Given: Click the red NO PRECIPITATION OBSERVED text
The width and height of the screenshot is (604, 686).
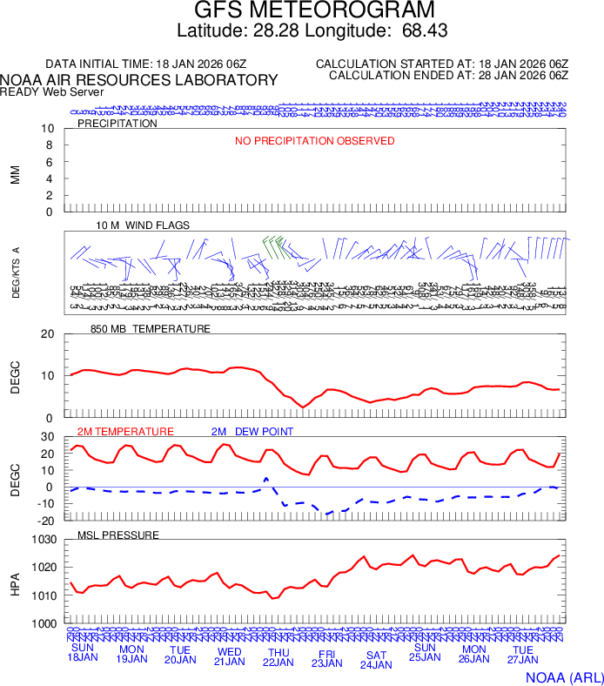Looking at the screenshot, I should click(x=314, y=141).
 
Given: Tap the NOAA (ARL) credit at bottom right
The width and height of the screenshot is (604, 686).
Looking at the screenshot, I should click(x=563, y=676).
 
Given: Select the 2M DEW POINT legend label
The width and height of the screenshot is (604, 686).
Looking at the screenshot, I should click(x=252, y=432).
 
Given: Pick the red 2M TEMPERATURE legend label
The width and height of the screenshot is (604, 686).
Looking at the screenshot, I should click(x=125, y=432).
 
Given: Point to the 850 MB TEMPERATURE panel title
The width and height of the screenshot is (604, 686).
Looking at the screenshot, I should click(x=151, y=329).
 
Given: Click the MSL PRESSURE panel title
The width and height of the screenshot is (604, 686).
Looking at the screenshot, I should click(x=118, y=535).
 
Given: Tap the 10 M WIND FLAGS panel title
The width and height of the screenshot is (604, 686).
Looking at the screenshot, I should click(x=143, y=225).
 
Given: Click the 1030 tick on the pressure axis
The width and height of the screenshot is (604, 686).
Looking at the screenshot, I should click(x=44, y=540).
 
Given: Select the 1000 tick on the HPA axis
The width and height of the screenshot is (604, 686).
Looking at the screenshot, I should click(x=44, y=624).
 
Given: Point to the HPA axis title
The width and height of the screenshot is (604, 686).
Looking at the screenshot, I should click(x=15, y=582).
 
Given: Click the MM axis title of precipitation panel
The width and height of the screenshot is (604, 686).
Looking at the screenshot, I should click(x=15, y=174).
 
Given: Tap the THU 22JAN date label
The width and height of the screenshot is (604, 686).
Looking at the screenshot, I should click(x=279, y=656).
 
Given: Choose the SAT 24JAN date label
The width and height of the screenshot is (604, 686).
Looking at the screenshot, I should click(x=376, y=660).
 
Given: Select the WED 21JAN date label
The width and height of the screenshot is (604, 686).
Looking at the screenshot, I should click(x=230, y=656).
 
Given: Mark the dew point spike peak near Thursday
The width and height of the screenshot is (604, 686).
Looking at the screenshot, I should click(x=266, y=478).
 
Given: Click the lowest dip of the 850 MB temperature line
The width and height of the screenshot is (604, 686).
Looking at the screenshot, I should click(x=303, y=407).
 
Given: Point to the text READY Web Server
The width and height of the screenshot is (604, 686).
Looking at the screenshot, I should click(x=52, y=92).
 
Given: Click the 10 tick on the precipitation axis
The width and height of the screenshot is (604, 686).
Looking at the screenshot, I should click(x=49, y=129).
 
